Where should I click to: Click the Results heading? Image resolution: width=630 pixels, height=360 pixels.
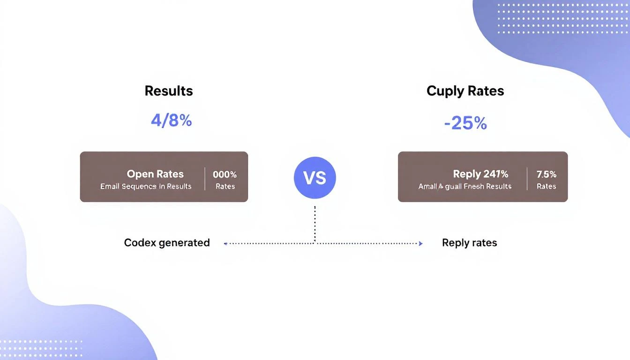pos(169,90)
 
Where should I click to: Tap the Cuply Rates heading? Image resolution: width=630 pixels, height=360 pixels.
pos(465,91)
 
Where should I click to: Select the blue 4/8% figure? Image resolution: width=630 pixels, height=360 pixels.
pos(171,120)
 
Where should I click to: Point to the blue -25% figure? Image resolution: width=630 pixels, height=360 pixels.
pos(465,123)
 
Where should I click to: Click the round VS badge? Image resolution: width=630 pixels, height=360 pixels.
pos(315,178)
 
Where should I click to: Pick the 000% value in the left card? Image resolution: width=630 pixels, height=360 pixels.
pos(225,174)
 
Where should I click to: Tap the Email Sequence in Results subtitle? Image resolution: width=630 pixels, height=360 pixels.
pos(146,186)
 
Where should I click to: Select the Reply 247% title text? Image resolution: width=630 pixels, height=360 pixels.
pos(480,174)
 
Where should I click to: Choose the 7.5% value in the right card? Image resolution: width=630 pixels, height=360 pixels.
pos(546,174)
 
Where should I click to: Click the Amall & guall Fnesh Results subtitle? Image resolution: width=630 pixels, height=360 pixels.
pos(465,186)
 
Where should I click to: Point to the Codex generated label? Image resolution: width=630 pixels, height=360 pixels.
pos(167,243)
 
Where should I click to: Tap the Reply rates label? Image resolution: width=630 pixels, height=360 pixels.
pos(469,243)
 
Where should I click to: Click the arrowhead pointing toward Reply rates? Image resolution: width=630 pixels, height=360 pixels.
pos(420,243)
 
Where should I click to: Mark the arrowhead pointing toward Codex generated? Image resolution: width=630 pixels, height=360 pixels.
pos(226,244)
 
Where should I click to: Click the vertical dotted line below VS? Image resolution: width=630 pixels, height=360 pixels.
pos(315,224)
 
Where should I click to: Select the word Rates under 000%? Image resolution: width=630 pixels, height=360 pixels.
pos(225,186)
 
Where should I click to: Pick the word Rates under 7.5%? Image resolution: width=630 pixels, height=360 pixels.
pos(546,186)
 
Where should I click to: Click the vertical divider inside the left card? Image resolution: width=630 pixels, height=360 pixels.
pos(205,178)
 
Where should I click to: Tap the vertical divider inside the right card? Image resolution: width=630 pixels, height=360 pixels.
pos(527,178)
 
